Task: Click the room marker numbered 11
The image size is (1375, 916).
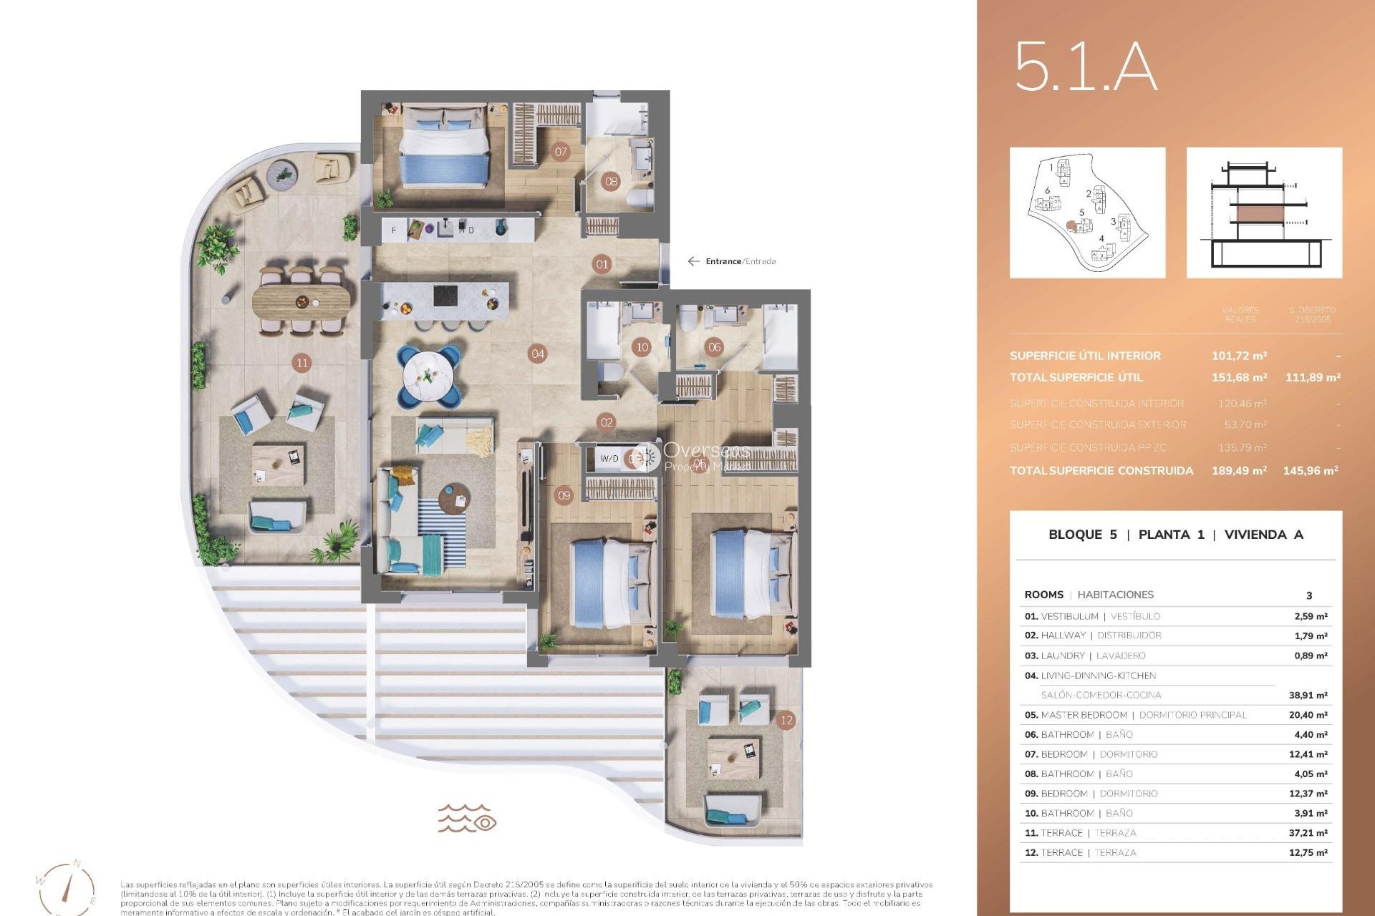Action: tap(302, 363)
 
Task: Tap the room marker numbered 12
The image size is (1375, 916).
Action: tap(786, 720)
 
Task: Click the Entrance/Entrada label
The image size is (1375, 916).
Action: tap(740, 261)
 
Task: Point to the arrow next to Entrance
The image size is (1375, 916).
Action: tap(693, 261)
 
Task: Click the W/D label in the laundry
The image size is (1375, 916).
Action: tap(609, 459)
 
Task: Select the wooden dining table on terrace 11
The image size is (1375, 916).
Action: tap(302, 301)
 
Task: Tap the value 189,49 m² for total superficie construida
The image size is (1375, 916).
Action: tap(1239, 470)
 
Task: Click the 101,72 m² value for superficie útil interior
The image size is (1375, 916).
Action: tap(1239, 356)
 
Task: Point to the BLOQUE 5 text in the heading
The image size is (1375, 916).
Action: tap(1082, 535)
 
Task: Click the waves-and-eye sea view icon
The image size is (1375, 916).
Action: tap(467, 817)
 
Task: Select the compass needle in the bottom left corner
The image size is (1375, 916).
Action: tap(69, 885)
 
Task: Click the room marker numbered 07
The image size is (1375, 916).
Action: tap(561, 152)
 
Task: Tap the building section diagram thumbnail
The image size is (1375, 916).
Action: tap(1264, 213)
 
